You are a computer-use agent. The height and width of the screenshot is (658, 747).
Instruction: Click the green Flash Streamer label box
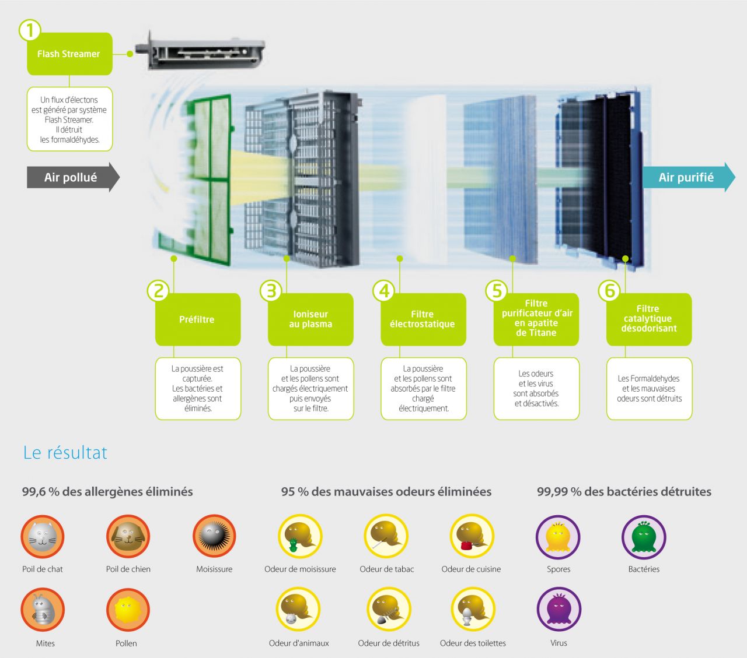tap(69, 54)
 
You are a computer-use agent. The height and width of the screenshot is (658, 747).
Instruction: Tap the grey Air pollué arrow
tap(73, 177)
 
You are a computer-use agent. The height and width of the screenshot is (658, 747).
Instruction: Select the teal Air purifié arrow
tap(689, 177)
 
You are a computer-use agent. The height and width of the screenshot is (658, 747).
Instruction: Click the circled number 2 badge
tap(158, 290)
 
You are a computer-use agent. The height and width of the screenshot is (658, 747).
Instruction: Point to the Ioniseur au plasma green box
tap(310, 319)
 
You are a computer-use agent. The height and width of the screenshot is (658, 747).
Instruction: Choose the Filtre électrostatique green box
tap(423, 319)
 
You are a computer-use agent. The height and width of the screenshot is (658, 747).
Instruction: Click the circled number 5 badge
tap(497, 290)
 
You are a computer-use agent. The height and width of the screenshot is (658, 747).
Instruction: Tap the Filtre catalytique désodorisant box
tap(649, 319)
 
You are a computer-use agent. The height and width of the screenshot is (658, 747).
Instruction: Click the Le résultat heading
tap(65, 452)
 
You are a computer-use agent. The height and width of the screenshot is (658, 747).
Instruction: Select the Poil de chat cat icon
tap(43, 537)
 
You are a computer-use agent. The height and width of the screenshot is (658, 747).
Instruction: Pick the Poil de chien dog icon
tap(128, 537)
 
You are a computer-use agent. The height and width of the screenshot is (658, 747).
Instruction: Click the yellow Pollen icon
tap(128, 610)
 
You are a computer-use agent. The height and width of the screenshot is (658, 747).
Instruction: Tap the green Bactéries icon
tap(644, 537)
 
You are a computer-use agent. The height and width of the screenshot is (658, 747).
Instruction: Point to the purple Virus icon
tap(558, 610)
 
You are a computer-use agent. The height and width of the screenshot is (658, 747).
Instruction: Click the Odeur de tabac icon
tap(386, 536)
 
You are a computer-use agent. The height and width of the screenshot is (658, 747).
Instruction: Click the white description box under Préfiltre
tap(198, 389)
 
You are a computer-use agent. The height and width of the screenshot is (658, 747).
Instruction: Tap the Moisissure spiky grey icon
tap(214, 536)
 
